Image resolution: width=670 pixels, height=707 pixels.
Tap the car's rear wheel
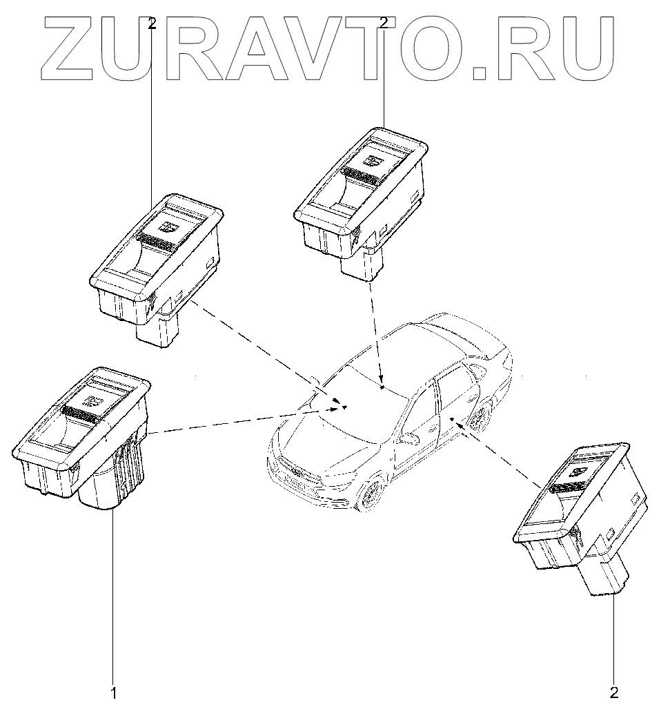481,415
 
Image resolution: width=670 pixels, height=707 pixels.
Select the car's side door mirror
410,438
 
